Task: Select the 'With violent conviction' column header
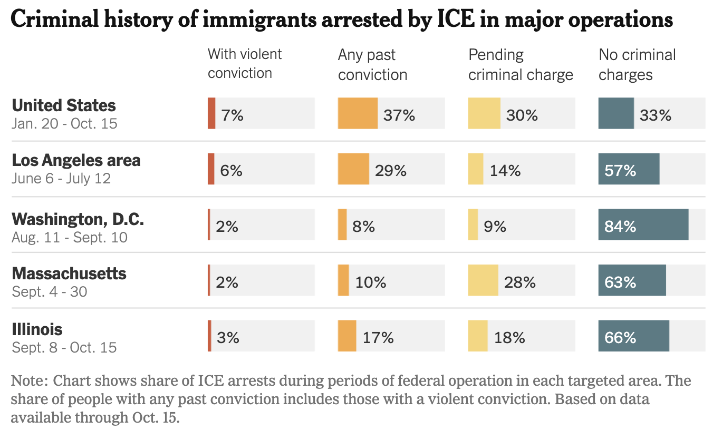click(245, 63)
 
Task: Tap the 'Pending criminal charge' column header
click(521, 64)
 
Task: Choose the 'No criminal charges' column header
click(637, 64)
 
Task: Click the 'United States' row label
click(64, 105)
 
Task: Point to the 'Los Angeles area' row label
click(76, 160)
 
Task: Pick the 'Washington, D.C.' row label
click(78, 219)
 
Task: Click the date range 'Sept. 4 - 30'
click(49, 291)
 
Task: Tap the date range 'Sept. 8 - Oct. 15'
click(64, 347)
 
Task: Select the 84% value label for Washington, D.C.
click(620, 227)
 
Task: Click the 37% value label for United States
click(399, 115)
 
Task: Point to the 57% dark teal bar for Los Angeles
click(629, 169)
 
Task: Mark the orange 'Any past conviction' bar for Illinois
click(347, 336)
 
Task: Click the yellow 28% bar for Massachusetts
click(483, 280)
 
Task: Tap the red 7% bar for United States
click(211, 113)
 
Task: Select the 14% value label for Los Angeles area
click(505, 171)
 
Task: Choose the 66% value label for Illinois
click(620, 338)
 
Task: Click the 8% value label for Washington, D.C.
click(364, 227)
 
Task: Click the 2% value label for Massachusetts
click(227, 282)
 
